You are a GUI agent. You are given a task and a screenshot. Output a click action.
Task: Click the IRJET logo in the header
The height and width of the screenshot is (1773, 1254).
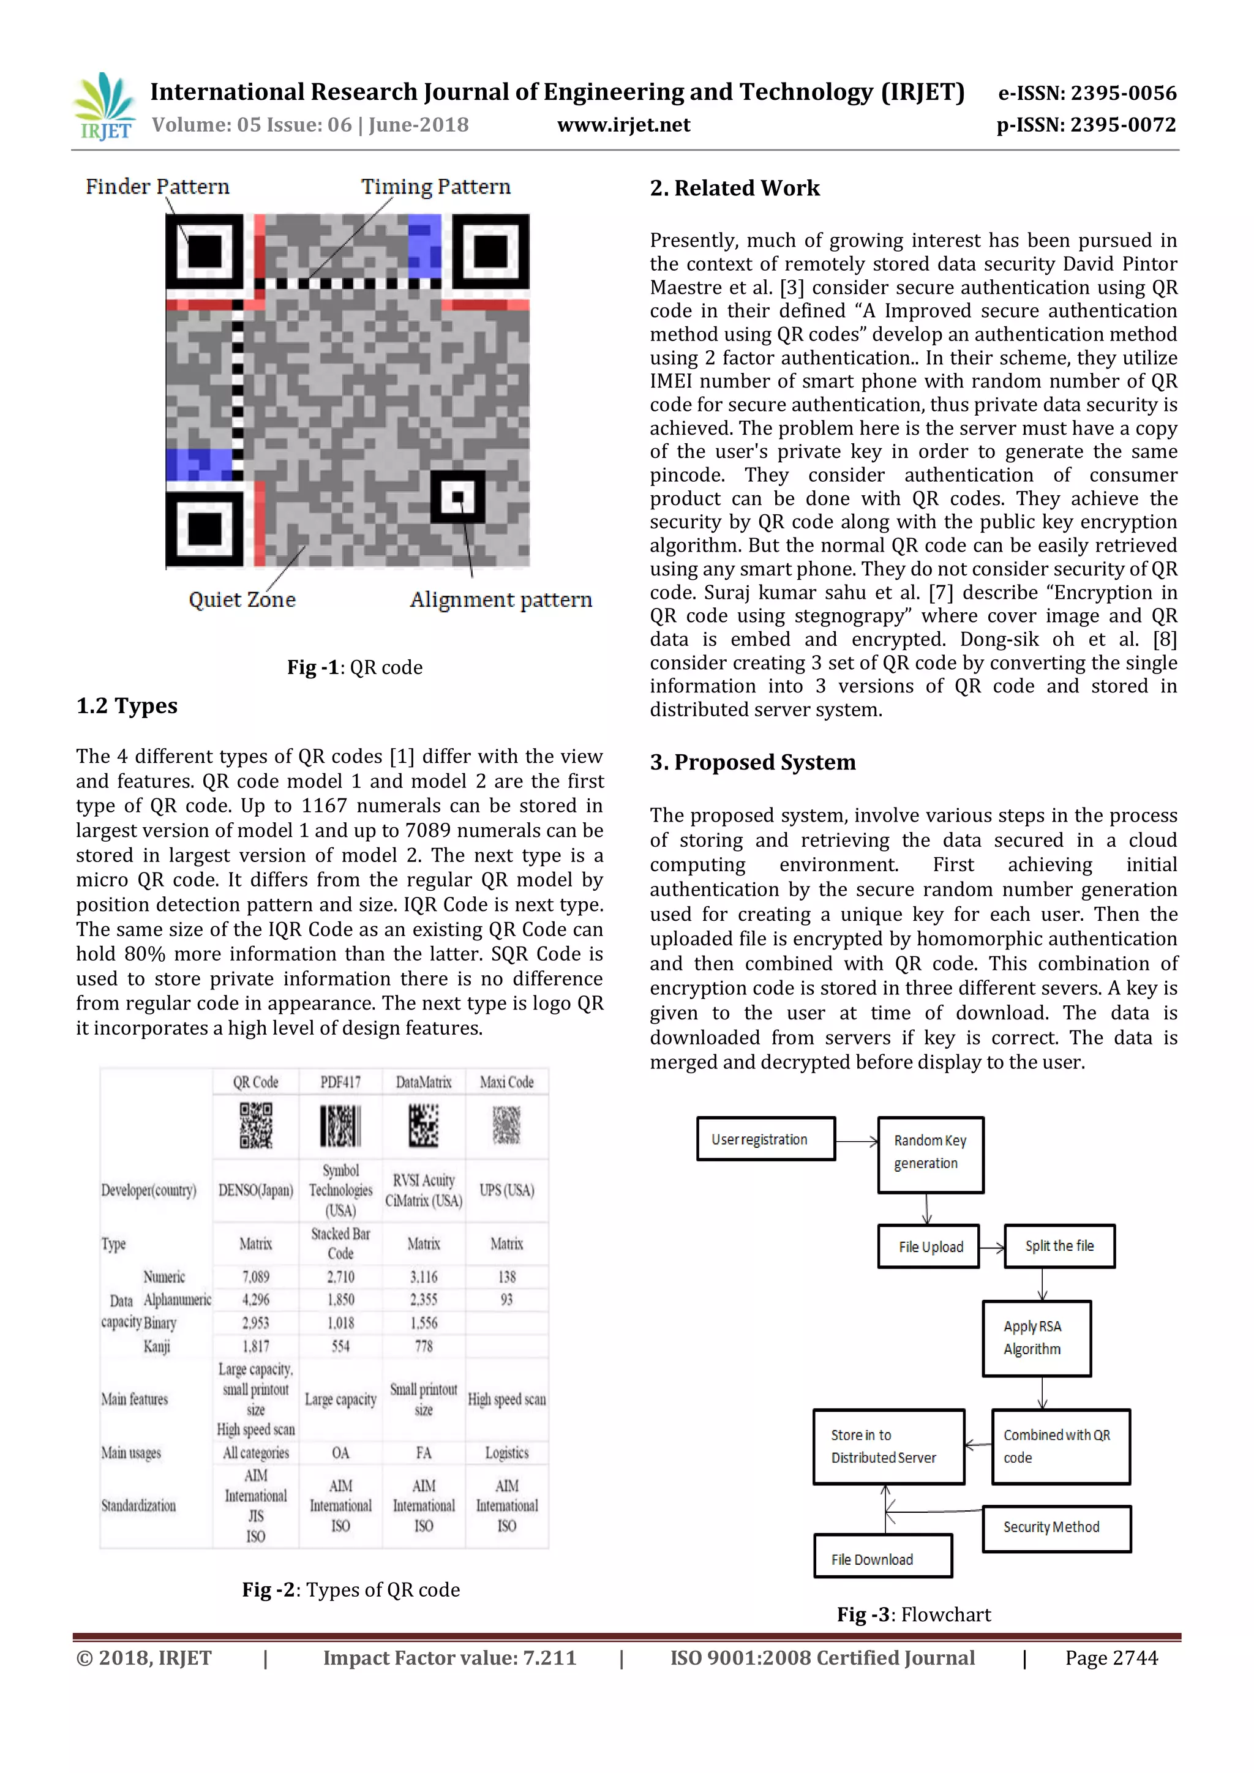click(x=103, y=107)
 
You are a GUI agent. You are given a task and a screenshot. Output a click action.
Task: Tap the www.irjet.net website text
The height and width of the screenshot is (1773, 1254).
click(x=623, y=125)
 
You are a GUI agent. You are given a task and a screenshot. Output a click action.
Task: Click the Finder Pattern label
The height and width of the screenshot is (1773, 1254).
click(x=157, y=187)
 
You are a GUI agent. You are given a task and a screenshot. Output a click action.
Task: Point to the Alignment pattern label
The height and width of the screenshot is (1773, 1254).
click(x=500, y=600)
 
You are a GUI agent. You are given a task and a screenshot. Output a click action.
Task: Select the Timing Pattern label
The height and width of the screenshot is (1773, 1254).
click(x=435, y=187)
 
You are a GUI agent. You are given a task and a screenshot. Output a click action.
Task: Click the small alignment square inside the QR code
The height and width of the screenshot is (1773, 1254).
click(x=458, y=497)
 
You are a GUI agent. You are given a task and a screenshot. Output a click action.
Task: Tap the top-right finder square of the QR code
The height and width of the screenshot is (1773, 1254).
click(x=490, y=252)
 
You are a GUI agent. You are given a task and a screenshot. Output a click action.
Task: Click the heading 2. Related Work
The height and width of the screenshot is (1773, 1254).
click(x=734, y=189)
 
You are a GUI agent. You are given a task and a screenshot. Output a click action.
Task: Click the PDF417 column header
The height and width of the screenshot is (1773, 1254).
click(x=340, y=1082)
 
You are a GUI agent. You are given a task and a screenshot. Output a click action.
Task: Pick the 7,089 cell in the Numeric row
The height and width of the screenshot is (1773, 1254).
click(x=255, y=1277)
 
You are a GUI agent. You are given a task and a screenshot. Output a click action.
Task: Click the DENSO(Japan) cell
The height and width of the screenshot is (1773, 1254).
click(x=255, y=1190)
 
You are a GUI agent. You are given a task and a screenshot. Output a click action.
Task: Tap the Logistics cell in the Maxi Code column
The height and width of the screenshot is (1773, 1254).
click(x=506, y=1453)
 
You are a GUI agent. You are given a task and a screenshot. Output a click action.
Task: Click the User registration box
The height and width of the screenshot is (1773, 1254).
click(x=765, y=1139)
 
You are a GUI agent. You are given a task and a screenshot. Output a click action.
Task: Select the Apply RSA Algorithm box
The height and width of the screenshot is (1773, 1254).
click(x=1035, y=1338)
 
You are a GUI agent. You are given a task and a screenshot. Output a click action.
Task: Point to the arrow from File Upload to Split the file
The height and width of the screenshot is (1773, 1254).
click(x=991, y=1247)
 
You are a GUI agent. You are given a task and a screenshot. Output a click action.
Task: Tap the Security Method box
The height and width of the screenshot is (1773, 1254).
click(x=1056, y=1527)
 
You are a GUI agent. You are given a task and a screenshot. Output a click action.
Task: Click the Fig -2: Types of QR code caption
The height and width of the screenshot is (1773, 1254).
click(x=351, y=1590)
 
